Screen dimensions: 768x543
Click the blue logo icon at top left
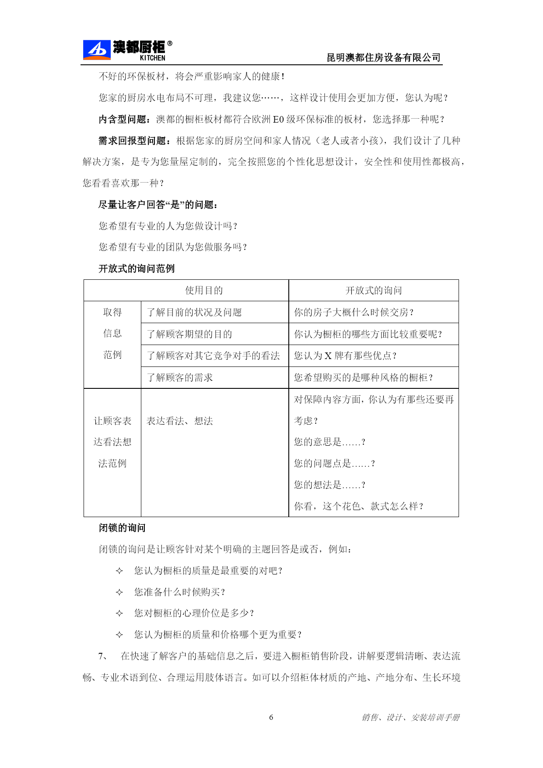point(96,50)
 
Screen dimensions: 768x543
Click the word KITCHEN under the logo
point(152,58)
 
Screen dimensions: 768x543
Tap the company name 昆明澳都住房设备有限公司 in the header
point(383,57)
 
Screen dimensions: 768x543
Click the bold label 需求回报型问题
point(133,141)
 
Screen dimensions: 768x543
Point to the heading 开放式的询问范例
point(137,268)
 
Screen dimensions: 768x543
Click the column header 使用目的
point(204,290)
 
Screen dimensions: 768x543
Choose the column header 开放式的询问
point(374,290)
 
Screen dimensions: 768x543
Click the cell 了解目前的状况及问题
point(194,312)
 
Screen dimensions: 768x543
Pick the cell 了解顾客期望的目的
point(189,334)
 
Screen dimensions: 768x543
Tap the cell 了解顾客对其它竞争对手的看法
point(213,356)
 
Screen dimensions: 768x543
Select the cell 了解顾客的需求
point(179,377)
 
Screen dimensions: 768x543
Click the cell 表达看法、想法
point(179,421)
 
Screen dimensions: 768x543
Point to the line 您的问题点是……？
point(334,463)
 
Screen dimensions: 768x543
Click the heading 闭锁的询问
point(122,528)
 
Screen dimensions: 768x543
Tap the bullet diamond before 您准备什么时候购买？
point(119,592)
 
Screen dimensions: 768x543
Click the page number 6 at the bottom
point(271,717)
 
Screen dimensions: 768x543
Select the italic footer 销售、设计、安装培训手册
point(410,717)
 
